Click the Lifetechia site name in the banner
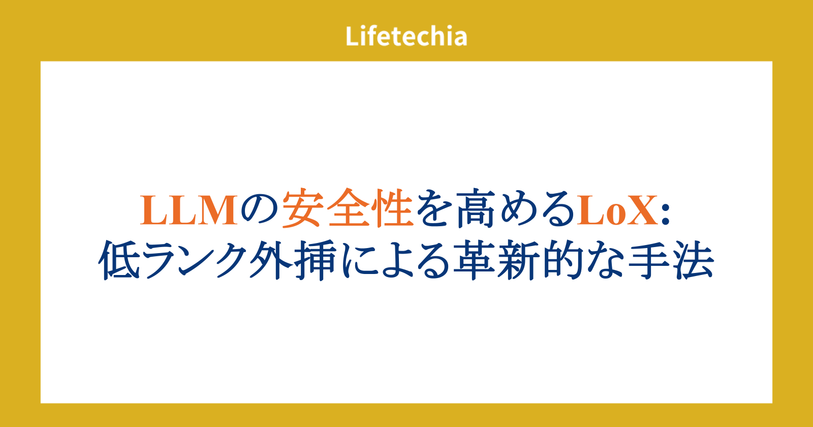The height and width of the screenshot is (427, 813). [406, 36]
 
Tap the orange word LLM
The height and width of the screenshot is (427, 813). [189, 210]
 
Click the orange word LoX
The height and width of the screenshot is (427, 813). [617, 210]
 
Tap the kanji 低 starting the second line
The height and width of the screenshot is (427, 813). [119, 260]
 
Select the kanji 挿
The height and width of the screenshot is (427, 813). [315, 260]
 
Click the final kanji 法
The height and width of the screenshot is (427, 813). [694, 260]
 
